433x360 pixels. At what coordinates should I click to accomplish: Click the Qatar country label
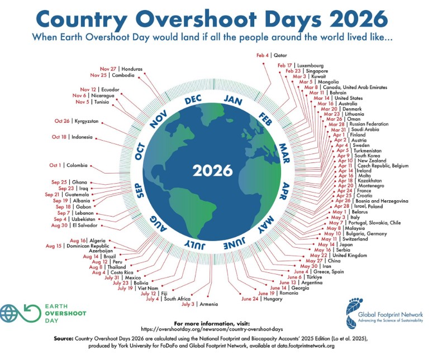click(280, 55)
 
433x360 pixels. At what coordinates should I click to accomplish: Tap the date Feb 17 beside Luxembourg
click(285, 65)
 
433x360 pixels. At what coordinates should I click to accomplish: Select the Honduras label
click(132, 69)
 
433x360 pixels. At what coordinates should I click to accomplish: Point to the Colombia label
click(77, 165)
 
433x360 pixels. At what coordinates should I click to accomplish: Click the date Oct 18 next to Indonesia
click(59, 137)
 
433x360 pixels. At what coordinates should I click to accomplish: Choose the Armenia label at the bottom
click(209, 304)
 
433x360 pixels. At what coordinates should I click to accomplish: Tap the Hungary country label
click(273, 299)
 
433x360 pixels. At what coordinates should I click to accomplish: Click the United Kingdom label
click(350, 256)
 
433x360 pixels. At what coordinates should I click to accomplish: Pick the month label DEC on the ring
click(193, 100)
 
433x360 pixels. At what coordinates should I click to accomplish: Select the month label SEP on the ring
click(140, 191)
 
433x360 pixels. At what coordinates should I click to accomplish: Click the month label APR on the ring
click(284, 191)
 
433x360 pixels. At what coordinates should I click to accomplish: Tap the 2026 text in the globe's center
click(213, 171)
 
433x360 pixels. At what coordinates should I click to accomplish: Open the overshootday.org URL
click(212, 329)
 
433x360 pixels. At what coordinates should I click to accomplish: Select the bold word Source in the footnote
click(64, 338)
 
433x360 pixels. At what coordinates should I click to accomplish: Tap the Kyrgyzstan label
click(87, 121)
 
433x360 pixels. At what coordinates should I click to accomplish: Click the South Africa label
click(177, 299)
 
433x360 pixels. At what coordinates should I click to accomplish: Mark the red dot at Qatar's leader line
click(264, 64)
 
